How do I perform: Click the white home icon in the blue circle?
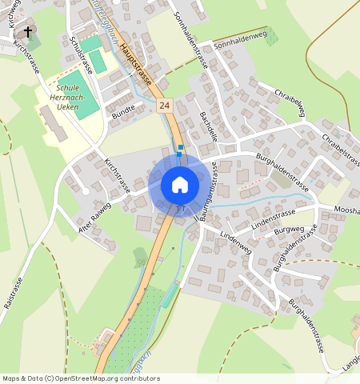point(180,185)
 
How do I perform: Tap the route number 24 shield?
point(165,105)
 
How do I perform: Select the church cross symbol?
point(29,33)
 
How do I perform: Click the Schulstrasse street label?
point(81,54)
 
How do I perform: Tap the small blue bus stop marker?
point(181,148)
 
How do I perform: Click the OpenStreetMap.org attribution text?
point(113,378)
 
